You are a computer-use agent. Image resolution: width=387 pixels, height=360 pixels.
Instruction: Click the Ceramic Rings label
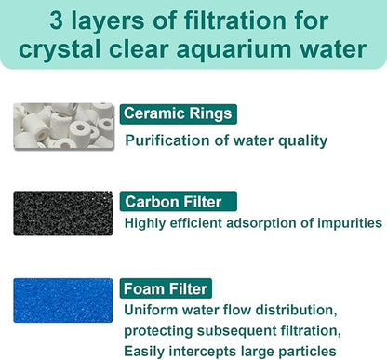177,114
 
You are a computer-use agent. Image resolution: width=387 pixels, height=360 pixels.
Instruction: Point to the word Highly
147,223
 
